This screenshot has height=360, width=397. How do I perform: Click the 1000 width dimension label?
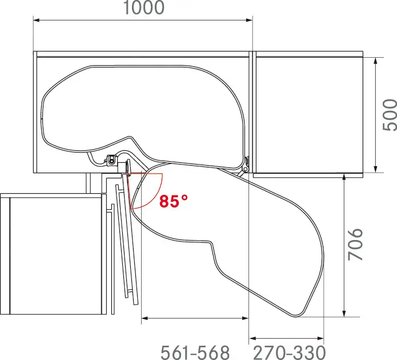tap(142, 8)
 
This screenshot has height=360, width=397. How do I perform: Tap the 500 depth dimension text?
tap(389, 115)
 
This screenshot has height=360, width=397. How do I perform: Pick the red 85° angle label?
tap(174, 201)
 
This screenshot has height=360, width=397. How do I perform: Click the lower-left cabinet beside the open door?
tap(54, 254)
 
